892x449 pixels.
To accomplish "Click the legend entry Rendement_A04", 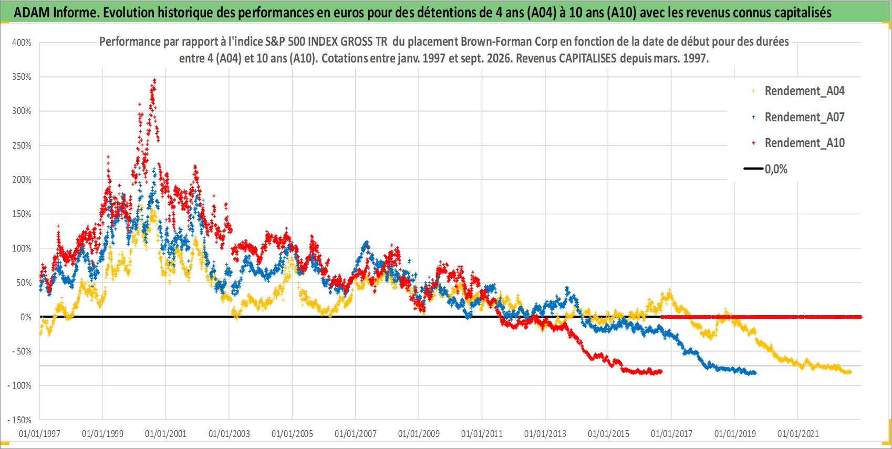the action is click(x=804, y=91).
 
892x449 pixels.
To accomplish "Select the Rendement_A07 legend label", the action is click(x=804, y=118).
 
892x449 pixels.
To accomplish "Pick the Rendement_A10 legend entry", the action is click(x=804, y=143).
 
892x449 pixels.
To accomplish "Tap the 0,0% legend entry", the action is click(x=776, y=169).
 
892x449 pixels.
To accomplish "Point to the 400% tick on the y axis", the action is click(x=22, y=43).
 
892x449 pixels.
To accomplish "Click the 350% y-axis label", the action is click(x=22, y=77).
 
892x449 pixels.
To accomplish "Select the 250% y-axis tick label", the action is click(x=22, y=145).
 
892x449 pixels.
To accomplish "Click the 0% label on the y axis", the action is click(x=26, y=317).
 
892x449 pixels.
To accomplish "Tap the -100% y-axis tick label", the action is click(x=19, y=385).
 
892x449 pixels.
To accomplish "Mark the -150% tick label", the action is click(x=19, y=420).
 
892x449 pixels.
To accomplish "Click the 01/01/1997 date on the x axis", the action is click(x=39, y=433).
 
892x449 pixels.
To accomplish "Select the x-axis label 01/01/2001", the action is click(x=165, y=433).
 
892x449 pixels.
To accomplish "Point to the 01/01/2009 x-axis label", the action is click(x=419, y=433).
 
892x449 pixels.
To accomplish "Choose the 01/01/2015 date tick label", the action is click(x=608, y=433).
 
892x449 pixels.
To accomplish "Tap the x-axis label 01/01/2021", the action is click(x=798, y=433).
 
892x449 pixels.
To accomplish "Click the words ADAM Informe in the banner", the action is click(x=56, y=13).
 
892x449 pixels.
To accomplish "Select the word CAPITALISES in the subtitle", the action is click(x=587, y=58).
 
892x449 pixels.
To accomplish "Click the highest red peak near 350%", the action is click(x=154, y=80).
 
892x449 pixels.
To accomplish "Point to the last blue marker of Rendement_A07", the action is click(x=755, y=372).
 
